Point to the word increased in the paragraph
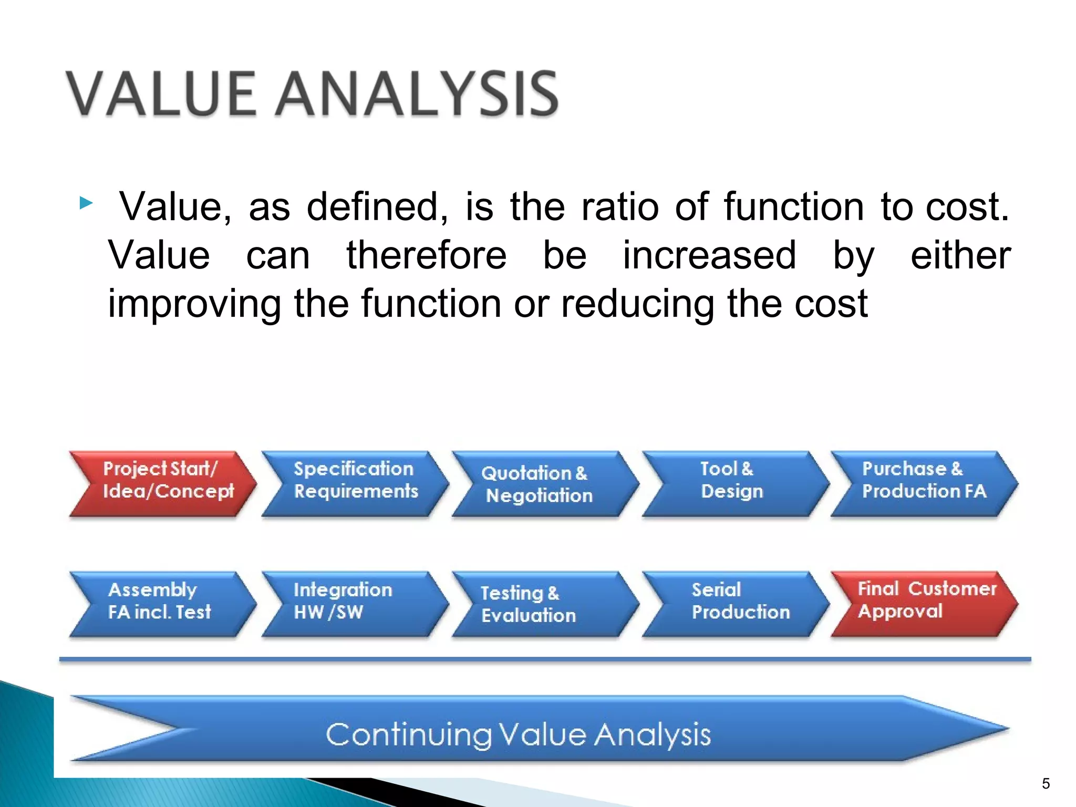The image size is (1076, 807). (709, 255)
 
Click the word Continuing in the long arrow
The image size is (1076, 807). (408, 734)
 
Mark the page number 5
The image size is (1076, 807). (1046, 784)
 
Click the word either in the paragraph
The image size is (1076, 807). (960, 255)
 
